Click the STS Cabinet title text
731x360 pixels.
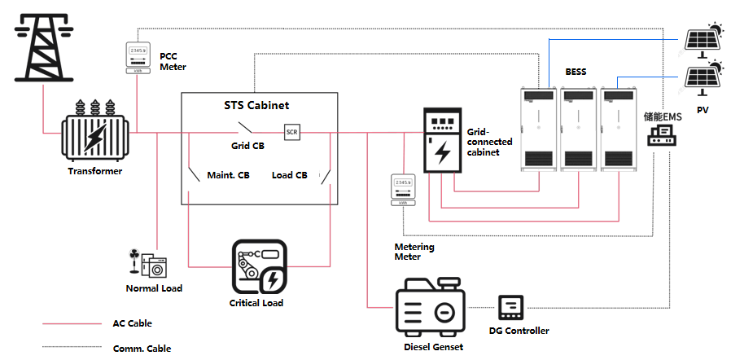(256, 106)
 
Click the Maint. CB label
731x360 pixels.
(229, 175)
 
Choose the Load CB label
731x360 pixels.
(289, 175)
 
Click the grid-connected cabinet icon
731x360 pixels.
(442, 141)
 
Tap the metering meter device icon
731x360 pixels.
(403, 189)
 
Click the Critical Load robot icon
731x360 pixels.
(259, 267)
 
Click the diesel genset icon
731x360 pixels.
(429, 309)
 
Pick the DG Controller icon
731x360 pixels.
(511, 308)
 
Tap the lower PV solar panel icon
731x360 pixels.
(702, 77)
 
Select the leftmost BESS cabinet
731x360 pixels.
(537, 129)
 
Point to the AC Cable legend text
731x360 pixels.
(133, 323)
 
